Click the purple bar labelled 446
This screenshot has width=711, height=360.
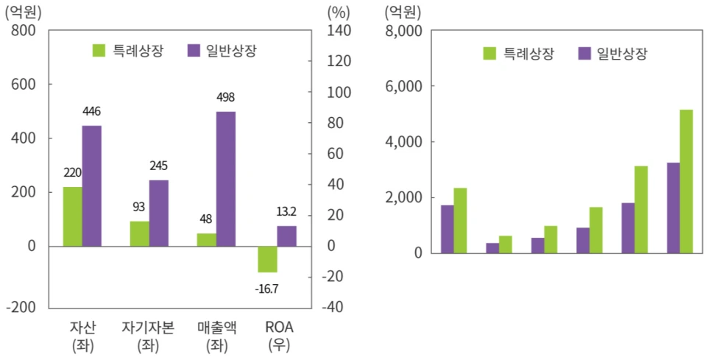click(x=92, y=186)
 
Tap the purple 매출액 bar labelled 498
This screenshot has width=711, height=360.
click(x=226, y=179)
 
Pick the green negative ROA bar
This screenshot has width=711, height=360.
click(x=267, y=259)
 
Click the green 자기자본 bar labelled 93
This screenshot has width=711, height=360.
click(x=139, y=233)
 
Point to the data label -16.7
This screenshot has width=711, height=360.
click(x=266, y=289)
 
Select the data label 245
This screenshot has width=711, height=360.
click(x=159, y=166)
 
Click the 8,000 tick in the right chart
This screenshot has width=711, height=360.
click(x=402, y=31)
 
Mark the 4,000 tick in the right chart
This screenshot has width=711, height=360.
click(x=402, y=142)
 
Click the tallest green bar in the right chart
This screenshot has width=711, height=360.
click(x=686, y=181)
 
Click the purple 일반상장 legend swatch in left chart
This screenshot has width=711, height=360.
click(x=194, y=50)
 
